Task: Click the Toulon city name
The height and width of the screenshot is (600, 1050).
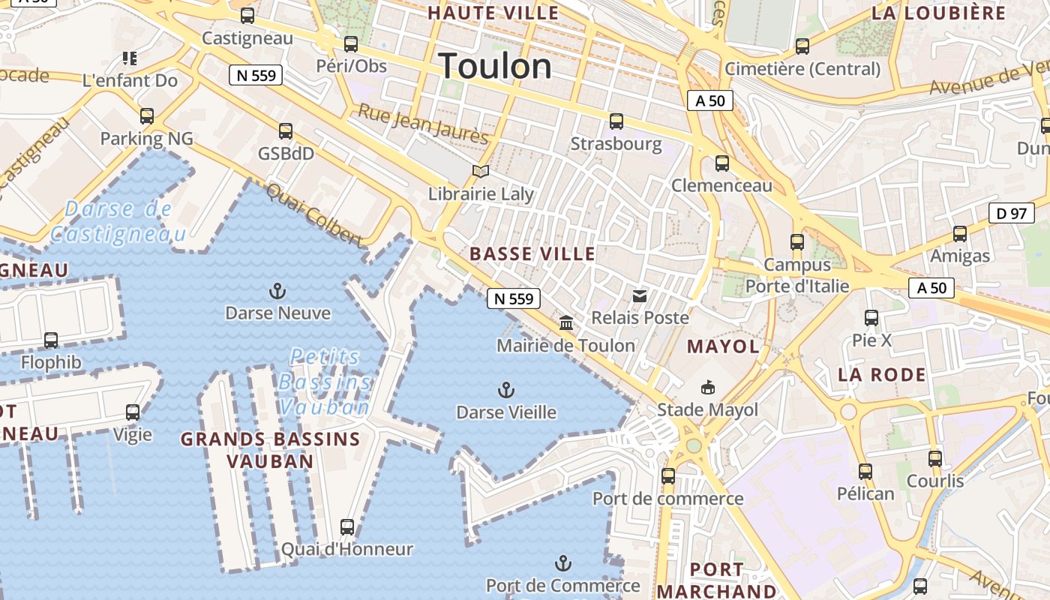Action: [495, 66]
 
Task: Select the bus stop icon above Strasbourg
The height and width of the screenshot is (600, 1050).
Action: [616, 121]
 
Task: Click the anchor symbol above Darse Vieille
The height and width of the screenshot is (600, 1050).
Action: [506, 389]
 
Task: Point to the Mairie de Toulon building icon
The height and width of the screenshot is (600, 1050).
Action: [566, 322]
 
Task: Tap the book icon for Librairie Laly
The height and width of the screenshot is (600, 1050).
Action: [481, 172]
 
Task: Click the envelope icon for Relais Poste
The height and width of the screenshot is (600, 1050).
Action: [640, 296]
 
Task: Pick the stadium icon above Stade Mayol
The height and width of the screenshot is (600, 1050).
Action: [707, 387]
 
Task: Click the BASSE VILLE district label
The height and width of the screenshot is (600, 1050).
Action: [532, 254]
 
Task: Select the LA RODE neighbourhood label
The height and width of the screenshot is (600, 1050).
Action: [882, 375]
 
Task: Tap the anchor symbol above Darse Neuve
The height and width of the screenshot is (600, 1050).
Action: [277, 290]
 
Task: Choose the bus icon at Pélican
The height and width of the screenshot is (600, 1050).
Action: [865, 471]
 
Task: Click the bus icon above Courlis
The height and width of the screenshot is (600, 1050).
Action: [934, 458]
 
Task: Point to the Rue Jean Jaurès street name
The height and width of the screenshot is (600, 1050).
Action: [423, 124]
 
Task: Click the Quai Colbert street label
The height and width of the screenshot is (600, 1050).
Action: [314, 215]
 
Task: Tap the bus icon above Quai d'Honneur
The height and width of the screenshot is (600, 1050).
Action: [346, 526]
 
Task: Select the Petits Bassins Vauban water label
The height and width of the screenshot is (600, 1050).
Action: [325, 382]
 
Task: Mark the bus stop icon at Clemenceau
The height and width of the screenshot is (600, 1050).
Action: [721, 163]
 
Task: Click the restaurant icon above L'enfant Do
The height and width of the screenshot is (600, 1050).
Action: [130, 58]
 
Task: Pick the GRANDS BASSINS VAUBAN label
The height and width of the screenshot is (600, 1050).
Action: [270, 450]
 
